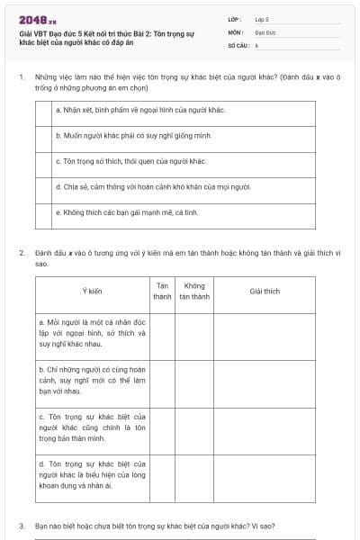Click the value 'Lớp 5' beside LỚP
pyautogui.click(x=262, y=18)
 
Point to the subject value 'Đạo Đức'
pyautogui.click(x=265, y=31)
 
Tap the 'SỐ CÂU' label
pyautogui.click(x=238, y=44)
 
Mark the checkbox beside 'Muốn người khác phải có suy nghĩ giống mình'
pyautogui.click(x=43, y=138)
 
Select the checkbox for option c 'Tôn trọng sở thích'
pyautogui.click(x=43, y=162)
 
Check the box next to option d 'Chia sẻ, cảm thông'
pyautogui.click(x=43, y=187)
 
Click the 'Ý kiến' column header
pyautogui.click(x=92, y=291)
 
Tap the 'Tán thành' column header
pyautogui.click(x=162, y=291)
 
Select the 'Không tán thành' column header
pyautogui.click(x=193, y=291)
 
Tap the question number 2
pyautogui.click(x=21, y=254)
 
